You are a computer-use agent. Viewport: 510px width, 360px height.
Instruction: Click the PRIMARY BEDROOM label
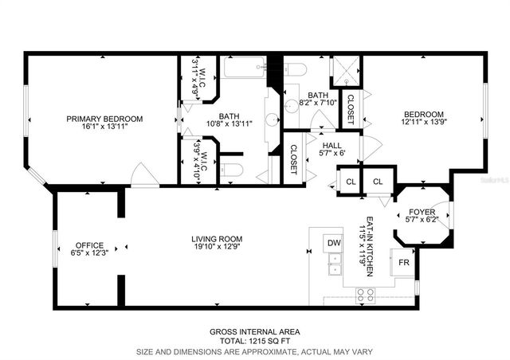(105, 119)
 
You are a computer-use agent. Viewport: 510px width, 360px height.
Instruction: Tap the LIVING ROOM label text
(217, 239)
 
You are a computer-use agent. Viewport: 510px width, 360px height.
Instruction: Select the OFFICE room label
(89, 245)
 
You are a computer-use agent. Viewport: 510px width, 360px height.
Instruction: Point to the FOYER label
(421, 212)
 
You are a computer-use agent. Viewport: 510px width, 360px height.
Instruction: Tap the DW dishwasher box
(333, 242)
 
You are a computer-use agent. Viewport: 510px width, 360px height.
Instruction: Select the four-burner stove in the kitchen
(366, 294)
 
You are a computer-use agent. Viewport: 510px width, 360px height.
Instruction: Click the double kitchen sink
(335, 264)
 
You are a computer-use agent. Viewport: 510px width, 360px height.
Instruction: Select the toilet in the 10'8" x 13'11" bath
(230, 170)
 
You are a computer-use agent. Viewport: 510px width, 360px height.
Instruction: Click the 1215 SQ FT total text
(254, 340)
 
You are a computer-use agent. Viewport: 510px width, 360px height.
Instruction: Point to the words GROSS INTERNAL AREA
(254, 331)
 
